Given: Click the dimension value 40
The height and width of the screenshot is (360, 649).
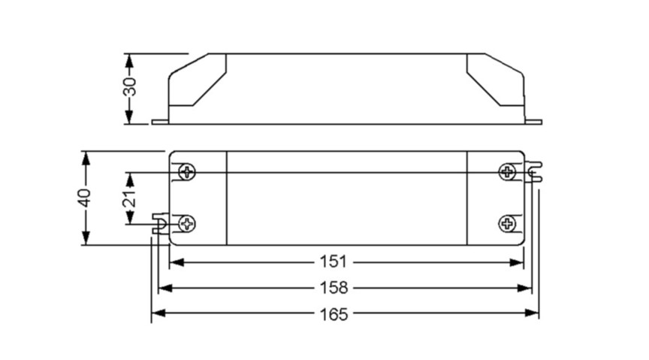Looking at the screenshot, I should [85, 198].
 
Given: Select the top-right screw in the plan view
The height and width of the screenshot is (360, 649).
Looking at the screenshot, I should [508, 172].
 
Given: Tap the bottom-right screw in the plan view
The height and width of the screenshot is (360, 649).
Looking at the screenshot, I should [508, 223].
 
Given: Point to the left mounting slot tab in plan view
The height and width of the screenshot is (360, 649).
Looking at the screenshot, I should [159, 223].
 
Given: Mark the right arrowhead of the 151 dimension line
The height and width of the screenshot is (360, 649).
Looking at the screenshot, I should [518, 262].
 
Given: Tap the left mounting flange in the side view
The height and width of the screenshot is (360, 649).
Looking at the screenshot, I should [160, 121].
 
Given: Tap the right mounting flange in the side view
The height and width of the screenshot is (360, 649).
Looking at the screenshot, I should [533, 121].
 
